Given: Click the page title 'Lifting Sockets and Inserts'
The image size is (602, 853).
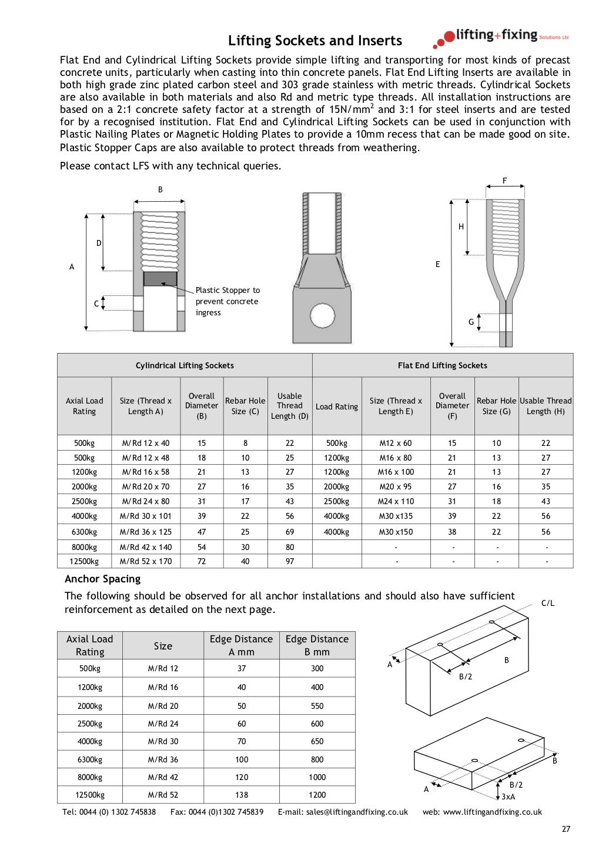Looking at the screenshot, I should pyautogui.click(x=315, y=41).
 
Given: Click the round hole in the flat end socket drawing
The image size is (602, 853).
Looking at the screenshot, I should pyautogui.click(x=322, y=315).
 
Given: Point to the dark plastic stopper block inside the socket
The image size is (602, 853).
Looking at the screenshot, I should pyautogui.click(x=160, y=279).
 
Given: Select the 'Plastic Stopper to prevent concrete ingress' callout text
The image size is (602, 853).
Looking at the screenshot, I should pyautogui.click(x=228, y=301).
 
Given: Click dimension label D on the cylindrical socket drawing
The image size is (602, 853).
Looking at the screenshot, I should pyautogui.click(x=99, y=243).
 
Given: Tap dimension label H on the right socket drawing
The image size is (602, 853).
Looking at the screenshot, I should pyautogui.click(x=461, y=226).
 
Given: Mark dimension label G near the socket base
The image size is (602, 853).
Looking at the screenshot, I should pyautogui.click(x=471, y=322).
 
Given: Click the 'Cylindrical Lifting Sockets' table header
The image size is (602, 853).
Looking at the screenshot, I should pyautogui.click(x=185, y=365).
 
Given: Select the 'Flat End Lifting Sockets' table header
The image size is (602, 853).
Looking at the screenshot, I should pyautogui.click(x=442, y=365).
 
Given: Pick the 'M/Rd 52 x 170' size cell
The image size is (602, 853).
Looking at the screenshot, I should pyautogui.click(x=146, y=561).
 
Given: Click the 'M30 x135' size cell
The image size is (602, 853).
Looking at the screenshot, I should pyautogui.click(x=395, y=516).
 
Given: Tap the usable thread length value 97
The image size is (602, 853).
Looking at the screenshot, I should pyautogui.click(x=290, y=561).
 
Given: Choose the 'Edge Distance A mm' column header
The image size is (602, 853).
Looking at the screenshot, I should pyautogui.click(x=241, y=645).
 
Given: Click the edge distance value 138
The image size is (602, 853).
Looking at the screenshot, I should pyautogui.click(x=242, y=795).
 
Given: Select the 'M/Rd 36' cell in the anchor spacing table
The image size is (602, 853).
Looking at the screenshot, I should pyautogui.click(x=163, y=759).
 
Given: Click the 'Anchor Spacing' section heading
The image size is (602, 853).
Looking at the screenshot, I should pyautogui.click(x=103, y=579).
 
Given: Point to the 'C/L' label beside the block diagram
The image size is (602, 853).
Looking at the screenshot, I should pyautogui.click(x=547, y=603).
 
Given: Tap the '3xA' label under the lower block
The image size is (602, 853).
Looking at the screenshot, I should pyautogui.click(x=508, y=797).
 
